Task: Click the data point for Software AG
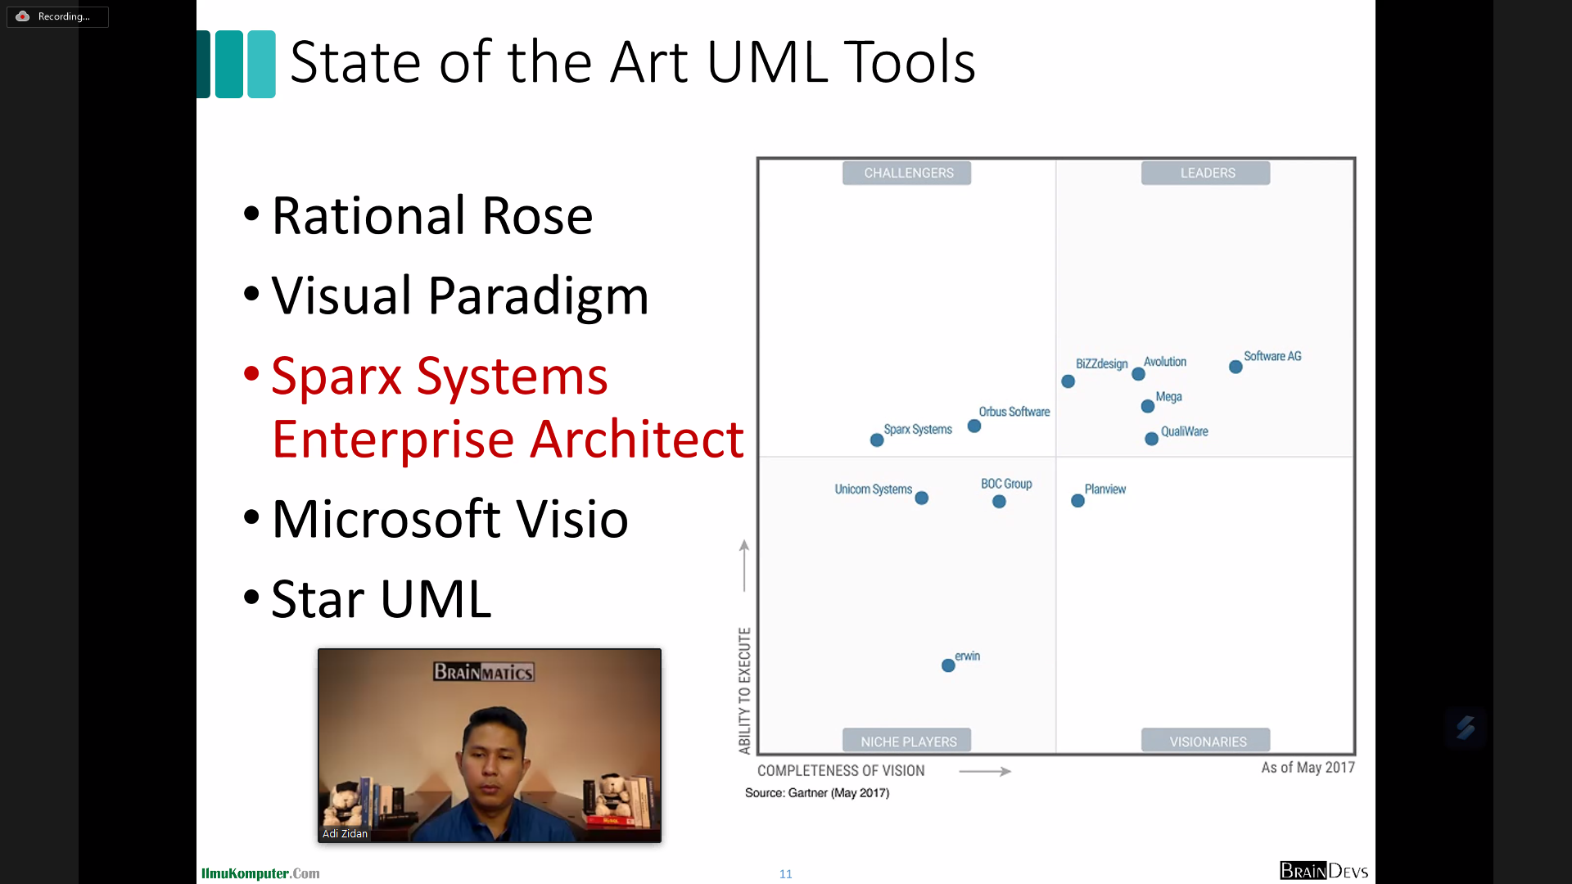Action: [x=1235, y=367]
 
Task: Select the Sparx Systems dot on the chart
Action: [x=877, y=440]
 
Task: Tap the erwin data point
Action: [x=948, y=665]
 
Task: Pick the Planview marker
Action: [x=1077, y=500]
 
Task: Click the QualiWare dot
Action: [x=1151, y=439]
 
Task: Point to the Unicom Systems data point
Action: [x=922, y=498]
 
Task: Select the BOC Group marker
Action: [x=999, y=502]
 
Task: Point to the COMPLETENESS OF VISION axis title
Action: [x=841, y=770]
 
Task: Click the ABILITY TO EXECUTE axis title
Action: [x=744, y=690]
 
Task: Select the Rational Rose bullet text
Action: [x=432, y=216]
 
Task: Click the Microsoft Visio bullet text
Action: [x=450, y=519]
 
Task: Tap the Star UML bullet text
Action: [x=382, y=599]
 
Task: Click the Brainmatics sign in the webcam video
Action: [x=484, y=672]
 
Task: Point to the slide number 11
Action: [x=786, y=874]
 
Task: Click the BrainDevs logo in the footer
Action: [x=1324, y=871]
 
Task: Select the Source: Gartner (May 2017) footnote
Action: [x=817, y=792]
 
